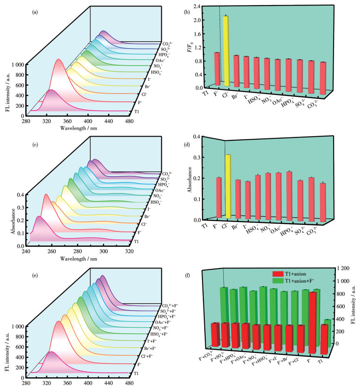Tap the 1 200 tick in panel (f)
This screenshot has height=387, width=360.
click(341, 268)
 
